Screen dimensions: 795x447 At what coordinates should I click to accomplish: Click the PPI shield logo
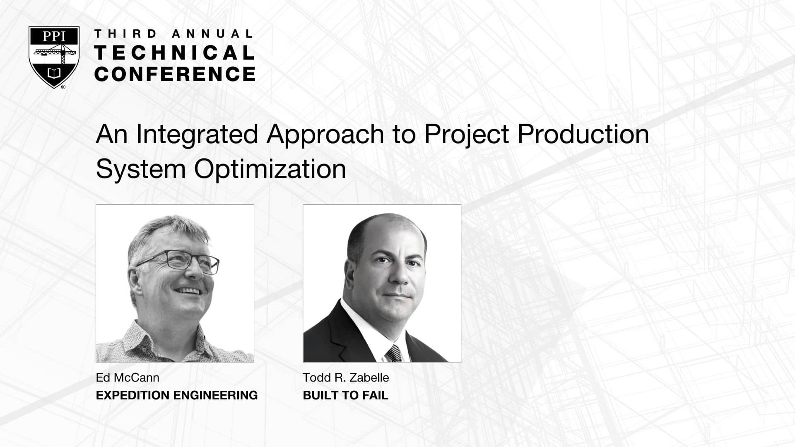54,57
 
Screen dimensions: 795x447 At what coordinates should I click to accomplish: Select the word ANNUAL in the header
212,34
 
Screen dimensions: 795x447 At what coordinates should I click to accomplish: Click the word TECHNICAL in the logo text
175,53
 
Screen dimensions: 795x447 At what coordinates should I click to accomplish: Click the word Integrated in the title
197,135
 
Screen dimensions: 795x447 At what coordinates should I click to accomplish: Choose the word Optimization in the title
270,169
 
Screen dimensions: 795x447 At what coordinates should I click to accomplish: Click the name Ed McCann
128,377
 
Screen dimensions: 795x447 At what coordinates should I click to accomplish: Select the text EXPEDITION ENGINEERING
177,395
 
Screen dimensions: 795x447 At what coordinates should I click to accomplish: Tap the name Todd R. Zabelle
346,377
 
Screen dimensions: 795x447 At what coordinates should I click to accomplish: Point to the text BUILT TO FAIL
346,395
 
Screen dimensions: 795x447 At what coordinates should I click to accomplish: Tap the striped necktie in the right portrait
394,353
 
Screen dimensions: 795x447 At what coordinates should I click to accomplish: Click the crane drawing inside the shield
55,52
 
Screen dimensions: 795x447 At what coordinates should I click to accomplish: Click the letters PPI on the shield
54,36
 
